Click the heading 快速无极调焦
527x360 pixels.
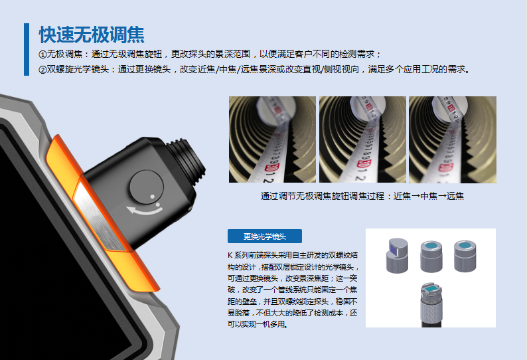(x=92, y=35)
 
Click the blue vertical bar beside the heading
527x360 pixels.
(x=27, y=49)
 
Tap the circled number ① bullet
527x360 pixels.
(x=42, y=54)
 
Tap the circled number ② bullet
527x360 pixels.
(x=42, y=70)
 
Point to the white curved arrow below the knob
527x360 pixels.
(x=145, y=211)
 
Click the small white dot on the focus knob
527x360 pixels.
(x=152, y=196)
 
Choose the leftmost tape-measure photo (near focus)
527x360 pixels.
(x=272, y=139)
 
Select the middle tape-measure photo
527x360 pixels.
(x=362, y=139)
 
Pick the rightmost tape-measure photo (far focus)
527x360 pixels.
(x=453, y=139)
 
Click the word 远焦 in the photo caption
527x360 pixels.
(x=455, y=196)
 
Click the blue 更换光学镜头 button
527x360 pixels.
(x=265, y=236)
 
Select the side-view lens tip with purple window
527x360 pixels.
(x=397, y=256)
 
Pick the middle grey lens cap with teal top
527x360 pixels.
(x=431, y=256)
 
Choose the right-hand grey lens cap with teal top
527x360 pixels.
(x=465, y=256)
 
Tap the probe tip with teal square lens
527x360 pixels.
(x=431, y=304)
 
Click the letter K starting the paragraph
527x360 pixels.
(x=230, y=255)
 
